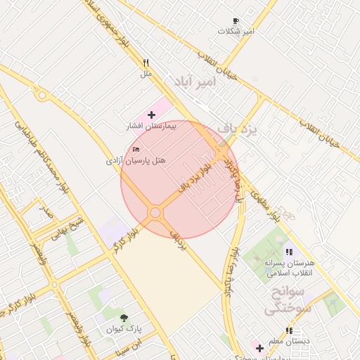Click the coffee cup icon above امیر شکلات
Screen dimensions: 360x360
coord(236,21)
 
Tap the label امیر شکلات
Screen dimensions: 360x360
coord(236,32)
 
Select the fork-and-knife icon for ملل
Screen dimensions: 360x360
coord(146,63)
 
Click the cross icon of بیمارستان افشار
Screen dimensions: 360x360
coord(152,114)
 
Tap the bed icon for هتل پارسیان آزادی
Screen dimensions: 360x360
coord(136,150)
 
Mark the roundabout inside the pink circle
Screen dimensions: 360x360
coord(155,212)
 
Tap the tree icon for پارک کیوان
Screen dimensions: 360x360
coord(124,318)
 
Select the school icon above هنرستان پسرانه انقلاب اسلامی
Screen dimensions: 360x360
coord(288,252)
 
